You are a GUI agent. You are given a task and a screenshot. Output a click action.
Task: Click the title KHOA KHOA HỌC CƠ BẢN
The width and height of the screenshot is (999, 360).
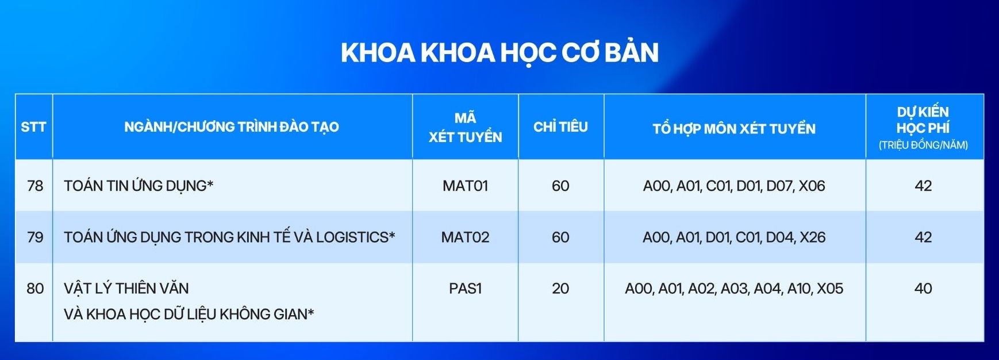click(x=499, y=52)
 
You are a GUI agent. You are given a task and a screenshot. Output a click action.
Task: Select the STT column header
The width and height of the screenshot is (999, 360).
click(x=33, y=127)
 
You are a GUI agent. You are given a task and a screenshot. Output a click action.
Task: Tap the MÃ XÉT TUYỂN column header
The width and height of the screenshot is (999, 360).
click(x=465, y=127)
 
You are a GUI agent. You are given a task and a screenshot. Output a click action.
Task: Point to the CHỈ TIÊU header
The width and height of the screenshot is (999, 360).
click(x=560, y=127)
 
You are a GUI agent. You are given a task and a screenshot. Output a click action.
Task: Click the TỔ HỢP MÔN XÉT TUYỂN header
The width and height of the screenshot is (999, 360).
click(x=733, y=128)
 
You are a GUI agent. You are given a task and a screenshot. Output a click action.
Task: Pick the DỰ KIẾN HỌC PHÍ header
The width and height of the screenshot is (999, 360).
click(x=923, y=127)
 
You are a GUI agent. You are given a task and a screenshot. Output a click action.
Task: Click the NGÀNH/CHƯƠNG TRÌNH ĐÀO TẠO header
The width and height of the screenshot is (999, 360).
click(x=232, y=127)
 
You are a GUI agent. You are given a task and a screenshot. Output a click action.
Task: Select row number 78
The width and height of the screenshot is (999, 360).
click(x=35, y=186)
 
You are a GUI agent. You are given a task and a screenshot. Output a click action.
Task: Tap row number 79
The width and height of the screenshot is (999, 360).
click(x=35, y=237)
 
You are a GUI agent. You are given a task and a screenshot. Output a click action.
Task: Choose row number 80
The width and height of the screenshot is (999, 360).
click(x=35, y=288)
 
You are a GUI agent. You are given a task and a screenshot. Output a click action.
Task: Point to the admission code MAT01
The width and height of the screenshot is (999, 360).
click(x=465, y=186)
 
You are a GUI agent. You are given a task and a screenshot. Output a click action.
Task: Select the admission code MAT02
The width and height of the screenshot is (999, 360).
click(x=465, y=237)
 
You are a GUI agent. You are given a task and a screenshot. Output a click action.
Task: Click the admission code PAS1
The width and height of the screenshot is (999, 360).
click(x=465, y=288)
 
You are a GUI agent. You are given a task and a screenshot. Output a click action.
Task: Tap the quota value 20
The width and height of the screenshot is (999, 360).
click(x=560, y=288)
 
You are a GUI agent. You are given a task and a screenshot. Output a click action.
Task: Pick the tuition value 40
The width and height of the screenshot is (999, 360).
click(x=923, y=288)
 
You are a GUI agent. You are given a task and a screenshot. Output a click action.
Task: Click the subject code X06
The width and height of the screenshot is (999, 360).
click(x=812, y=186)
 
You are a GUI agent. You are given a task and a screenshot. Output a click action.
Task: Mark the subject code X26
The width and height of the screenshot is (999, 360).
click(x=812, y=237)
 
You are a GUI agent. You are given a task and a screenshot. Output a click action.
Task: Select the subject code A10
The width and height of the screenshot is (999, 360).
click(x=799, y=288)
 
